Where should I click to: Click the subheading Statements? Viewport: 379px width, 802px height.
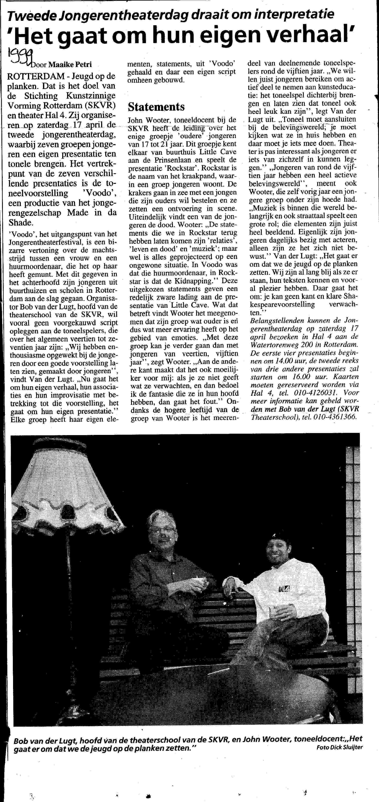pyautogui.click(x=156, y=106)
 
